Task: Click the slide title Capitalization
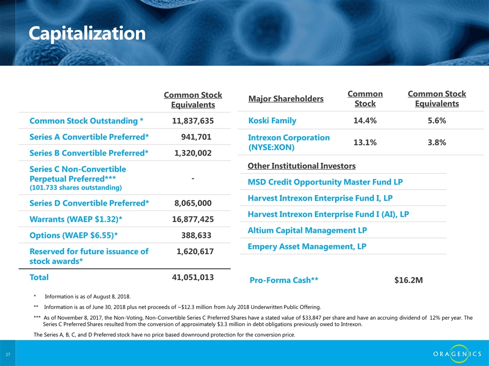87,34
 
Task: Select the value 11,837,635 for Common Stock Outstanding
193,121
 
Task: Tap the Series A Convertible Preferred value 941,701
196,137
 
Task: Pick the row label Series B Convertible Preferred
89,153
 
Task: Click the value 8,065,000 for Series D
193,203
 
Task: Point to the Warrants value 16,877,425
193,219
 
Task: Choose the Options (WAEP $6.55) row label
76,235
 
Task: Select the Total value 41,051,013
193,278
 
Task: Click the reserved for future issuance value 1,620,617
195,251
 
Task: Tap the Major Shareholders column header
286,98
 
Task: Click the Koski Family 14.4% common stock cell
365,120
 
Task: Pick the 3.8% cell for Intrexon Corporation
437,143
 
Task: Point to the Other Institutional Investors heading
301,166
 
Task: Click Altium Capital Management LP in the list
307,230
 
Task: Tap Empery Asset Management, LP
307,247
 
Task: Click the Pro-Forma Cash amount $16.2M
409,280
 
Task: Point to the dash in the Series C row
193,179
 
